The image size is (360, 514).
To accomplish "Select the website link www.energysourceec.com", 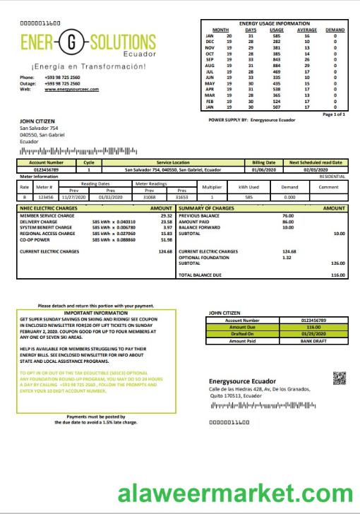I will pos(71,90).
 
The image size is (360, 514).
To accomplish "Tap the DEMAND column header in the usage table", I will pos(335,30).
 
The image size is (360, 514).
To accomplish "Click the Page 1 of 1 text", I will pos(333,114).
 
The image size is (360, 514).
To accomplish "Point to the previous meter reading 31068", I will pos(149,198).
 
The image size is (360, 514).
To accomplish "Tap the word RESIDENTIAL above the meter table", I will pos(332,176).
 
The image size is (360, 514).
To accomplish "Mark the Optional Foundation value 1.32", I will pos(287,257).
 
